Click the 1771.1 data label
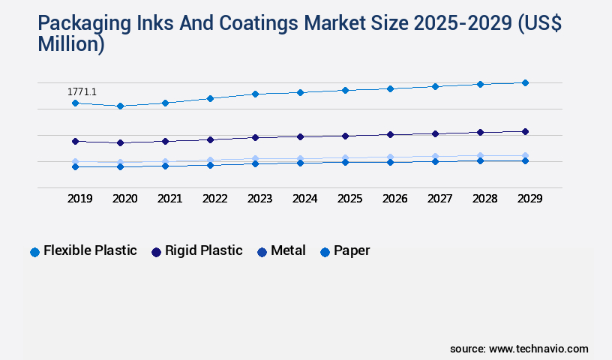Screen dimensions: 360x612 82,92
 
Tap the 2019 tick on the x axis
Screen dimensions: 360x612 79,199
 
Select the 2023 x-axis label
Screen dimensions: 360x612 259,199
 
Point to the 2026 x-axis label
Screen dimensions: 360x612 394,199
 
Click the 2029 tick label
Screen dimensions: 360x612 529,199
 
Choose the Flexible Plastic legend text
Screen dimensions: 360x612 90,250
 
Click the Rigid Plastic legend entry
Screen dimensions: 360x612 203,250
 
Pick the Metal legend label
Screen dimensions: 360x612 288,250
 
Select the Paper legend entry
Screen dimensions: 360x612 352,250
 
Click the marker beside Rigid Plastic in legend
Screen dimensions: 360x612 156,252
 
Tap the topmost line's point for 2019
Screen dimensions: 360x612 75,103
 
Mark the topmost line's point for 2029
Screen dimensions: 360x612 525,82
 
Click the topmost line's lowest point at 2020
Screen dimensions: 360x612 120,106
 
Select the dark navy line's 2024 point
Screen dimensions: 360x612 300,136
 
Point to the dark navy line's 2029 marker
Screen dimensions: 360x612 525,131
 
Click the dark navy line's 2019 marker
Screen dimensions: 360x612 75,141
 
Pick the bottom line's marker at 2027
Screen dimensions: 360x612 435,161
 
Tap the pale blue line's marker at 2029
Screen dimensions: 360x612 525,155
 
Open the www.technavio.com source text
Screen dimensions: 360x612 538,349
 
